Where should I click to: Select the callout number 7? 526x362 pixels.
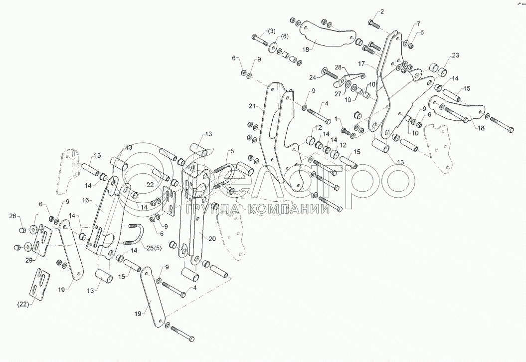(418, 24)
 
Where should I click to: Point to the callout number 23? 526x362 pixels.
(455, 55)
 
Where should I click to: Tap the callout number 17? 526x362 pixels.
(362, 64)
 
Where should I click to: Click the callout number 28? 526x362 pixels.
(338, 67)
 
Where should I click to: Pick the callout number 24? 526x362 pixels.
(312, 78)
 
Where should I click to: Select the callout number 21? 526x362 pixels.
(251, 106)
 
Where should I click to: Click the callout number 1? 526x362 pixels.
(337, 119)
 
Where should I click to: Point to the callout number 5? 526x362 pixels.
(232, 150)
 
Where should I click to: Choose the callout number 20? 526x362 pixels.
(212, 239)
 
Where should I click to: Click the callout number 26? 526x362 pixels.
(12, 216)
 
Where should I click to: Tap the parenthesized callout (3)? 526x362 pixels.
(271, 31)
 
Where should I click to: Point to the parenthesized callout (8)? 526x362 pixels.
(284, 36)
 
